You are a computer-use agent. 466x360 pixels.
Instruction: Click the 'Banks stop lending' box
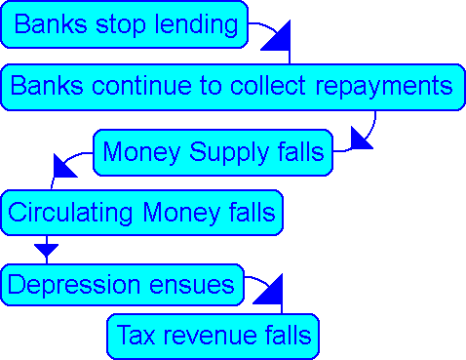click(125, 25)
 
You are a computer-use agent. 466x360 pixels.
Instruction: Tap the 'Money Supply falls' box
click(213, 152)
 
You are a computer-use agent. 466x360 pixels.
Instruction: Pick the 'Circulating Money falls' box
click(142, 212)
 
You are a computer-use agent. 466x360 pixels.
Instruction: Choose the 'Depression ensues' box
click(122, 285)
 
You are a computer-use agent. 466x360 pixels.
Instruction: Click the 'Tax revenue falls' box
click(214, 336)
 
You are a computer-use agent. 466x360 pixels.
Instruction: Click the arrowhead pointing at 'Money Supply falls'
click(360, 141)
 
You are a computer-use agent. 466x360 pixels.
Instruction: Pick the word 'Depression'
click(68, 285)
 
